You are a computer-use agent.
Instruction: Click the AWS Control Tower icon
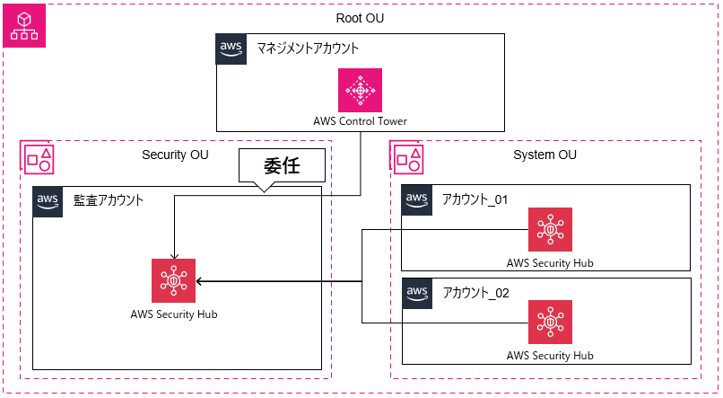[x=361, y=91]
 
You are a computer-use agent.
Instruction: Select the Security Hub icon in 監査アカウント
[x=173, y=279]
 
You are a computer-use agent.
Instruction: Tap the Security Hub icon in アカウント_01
[x=549, y=231]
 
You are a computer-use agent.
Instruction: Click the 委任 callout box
[x=281, y=166]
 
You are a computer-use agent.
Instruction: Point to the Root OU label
[x=361, y=18]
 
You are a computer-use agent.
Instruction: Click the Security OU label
[x=175, y=155]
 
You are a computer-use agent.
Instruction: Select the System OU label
[x=544, y=155]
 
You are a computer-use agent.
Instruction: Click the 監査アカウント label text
[x=109, y=200]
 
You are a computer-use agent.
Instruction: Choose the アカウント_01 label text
[x=475, y=199]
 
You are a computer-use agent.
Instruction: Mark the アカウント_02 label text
[x=475, y=292]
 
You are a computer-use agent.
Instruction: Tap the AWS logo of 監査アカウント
[x=48, y=201]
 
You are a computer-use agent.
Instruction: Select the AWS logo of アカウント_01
[x=416, y=199]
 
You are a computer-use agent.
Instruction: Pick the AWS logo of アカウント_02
[x=416, y=292]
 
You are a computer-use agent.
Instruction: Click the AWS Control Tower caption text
[x=361, y=121]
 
